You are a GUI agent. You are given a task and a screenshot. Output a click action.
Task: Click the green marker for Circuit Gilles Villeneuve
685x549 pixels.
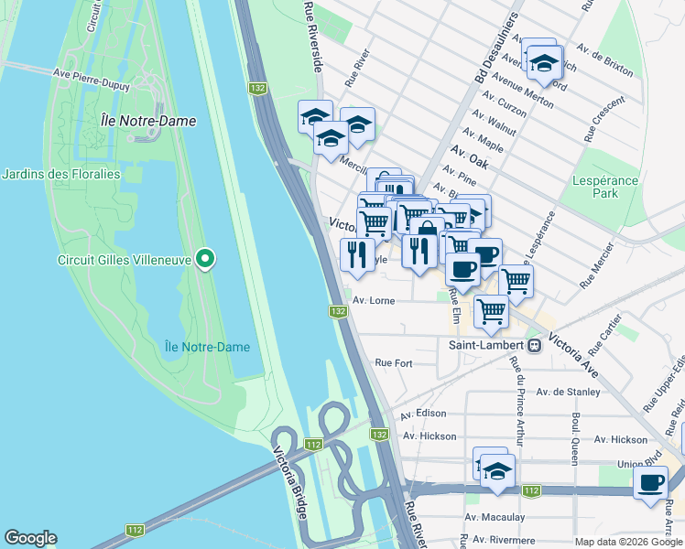point(206,259)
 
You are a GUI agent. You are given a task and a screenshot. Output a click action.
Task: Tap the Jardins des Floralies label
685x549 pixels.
point(61,174)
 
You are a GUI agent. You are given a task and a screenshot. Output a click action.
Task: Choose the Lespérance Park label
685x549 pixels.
point(604,187)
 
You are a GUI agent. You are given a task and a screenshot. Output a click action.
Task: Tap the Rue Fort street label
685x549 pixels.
point(394,363)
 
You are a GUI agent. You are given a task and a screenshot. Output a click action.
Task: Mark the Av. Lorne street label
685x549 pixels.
point(374,300)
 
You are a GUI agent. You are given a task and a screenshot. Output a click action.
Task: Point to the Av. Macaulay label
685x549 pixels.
point(495,517)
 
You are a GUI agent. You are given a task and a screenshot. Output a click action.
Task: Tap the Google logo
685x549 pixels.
point(30,539)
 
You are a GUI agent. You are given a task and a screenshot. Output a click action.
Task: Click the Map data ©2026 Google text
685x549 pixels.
point(628,542)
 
